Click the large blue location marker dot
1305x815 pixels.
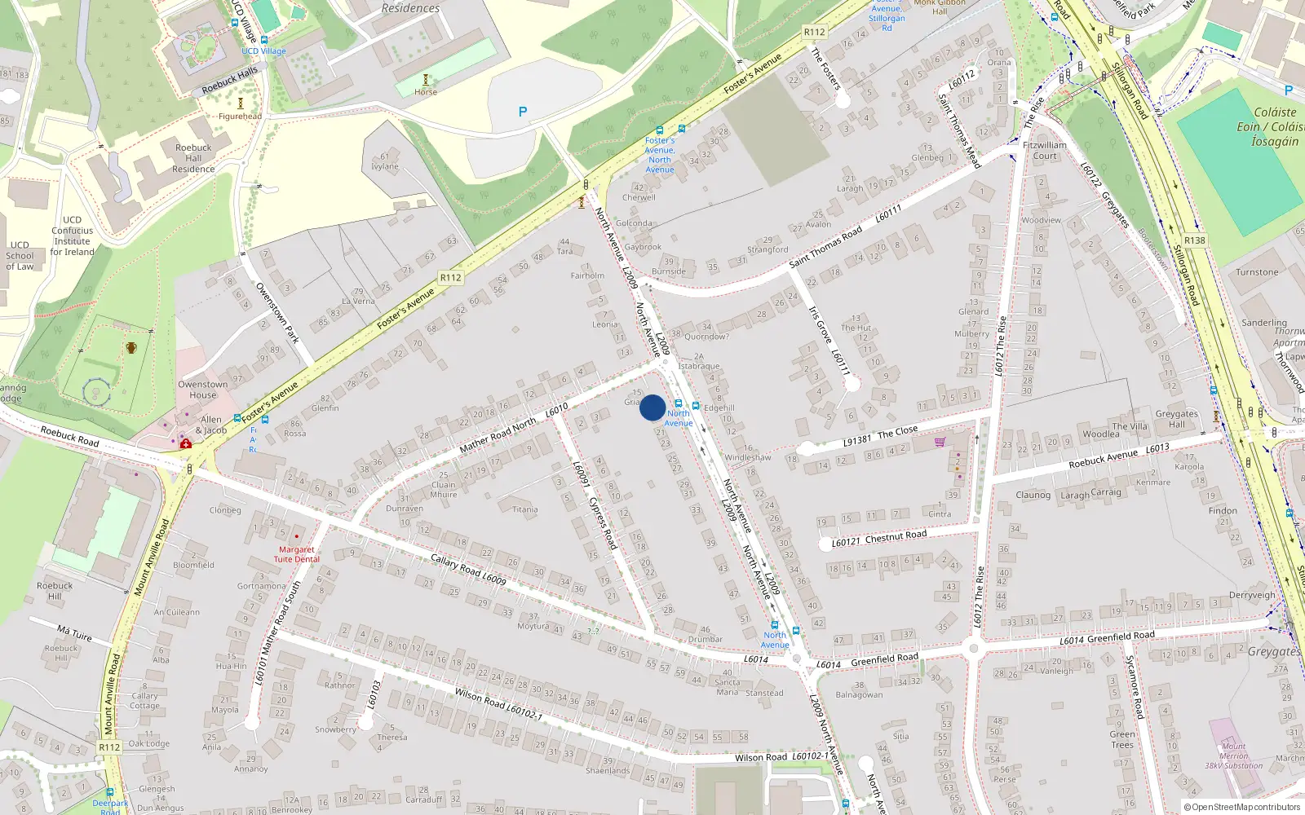(652, 407)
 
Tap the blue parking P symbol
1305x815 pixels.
(523, 112)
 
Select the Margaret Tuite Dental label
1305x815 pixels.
(296, 554)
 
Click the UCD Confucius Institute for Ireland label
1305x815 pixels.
(72, 236)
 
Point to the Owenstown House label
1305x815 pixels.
(203, 390)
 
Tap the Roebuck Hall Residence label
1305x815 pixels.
(193, 158)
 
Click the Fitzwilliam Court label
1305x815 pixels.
(1045, 150)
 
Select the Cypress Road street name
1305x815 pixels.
(603, 522)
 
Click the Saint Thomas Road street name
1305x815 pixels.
(825, 246)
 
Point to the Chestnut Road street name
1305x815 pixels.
(896, 535)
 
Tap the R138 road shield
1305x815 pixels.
(1195, 240)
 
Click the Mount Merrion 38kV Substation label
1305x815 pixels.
(1233, 756)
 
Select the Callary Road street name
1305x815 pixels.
(456, 566)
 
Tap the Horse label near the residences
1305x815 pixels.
(425, 92)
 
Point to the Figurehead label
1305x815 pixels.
(241, 116)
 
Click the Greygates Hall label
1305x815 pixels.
(1176, 419)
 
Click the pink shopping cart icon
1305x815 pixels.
(940, 442)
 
